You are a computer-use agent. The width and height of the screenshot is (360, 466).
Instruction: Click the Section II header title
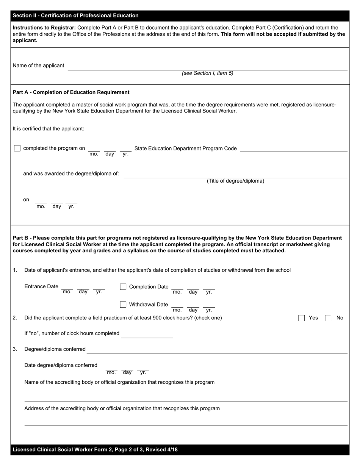75,16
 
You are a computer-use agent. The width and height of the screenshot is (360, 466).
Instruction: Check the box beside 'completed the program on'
17,148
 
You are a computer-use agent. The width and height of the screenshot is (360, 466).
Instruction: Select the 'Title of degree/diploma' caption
235,181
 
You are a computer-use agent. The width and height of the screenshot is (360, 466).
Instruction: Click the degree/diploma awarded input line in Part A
235,174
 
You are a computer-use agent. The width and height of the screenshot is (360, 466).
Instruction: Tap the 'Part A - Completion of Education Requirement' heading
71,92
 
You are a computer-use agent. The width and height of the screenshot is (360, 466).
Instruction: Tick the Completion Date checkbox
123,287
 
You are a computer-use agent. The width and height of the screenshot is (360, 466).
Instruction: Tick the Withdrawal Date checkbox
123,305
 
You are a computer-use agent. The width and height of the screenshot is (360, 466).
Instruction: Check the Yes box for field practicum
302,318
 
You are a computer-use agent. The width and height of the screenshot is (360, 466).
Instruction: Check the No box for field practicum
328,318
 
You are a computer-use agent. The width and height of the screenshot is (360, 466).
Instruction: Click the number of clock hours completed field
147,334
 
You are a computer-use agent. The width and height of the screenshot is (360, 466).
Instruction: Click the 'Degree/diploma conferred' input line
217,350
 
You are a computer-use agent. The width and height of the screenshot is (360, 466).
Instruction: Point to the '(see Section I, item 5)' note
207,73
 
